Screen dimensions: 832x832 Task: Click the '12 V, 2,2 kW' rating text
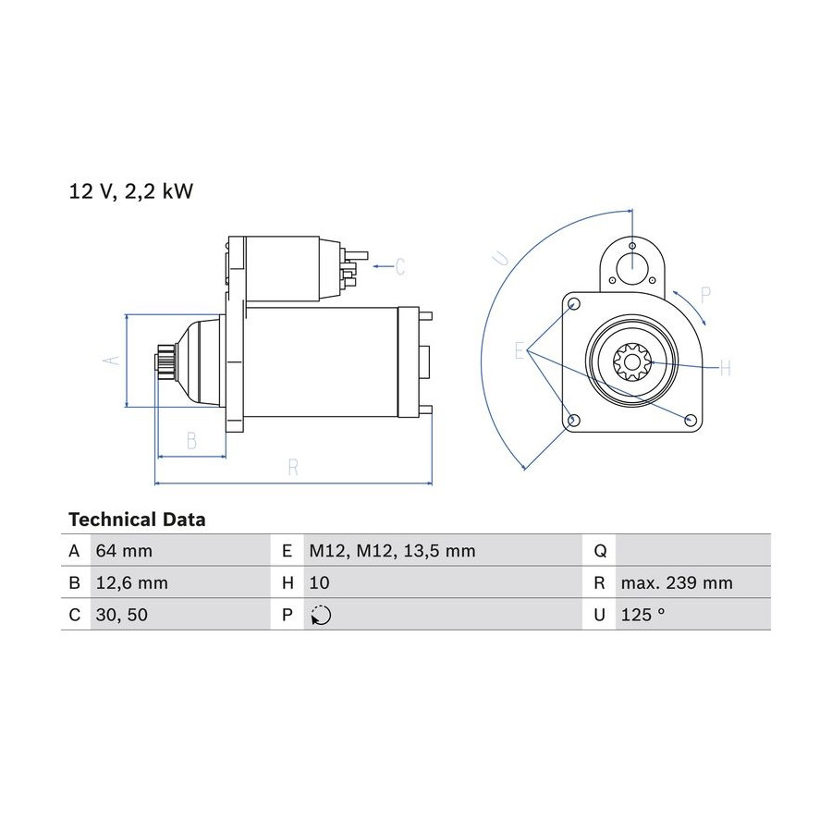click(131, 191)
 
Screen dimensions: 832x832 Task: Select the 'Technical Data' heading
click(137, 520)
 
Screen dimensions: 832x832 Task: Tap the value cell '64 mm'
click(124, 551)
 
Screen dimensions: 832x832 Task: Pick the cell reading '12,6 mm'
click(131, 582)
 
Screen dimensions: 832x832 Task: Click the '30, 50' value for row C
click(121, 615)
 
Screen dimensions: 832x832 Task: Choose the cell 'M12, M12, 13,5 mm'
click(392, 551)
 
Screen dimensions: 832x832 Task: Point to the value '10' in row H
click(320, 582)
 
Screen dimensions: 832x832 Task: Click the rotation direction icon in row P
click(321, 615)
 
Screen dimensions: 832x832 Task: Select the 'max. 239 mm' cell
click(677, 582)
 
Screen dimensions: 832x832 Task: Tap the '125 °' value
click(642, 615)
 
